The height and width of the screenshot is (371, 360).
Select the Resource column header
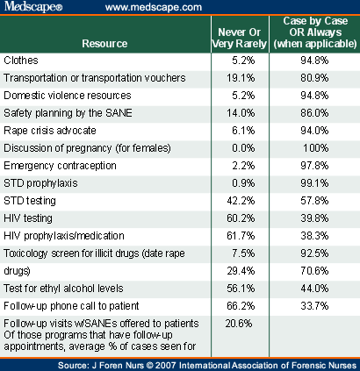pos(104,42)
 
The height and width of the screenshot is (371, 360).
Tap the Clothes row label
pos(22,61)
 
